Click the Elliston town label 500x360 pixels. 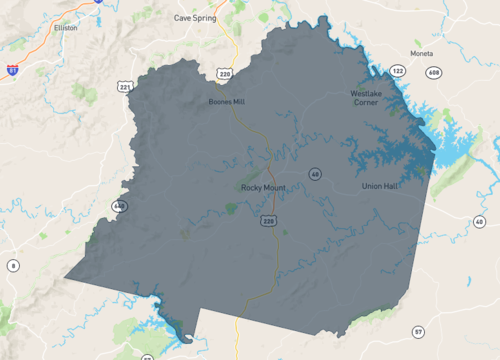pos(66,29)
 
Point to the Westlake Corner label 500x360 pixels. pos(366,97)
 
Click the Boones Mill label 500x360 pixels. pos(226,102)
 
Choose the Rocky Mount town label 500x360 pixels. pos(264,187)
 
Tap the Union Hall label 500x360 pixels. pos(381,187)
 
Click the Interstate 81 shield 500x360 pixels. pos(11,71)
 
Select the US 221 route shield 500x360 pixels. pos(125,88)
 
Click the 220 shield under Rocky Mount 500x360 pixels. pos(269,218)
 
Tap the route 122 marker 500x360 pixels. pos(398,71)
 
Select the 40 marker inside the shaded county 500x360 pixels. pos(315,174)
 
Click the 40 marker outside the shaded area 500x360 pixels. pos(480,221)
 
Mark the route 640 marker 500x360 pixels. pos(120,206)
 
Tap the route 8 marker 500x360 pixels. pos(13,265)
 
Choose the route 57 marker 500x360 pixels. pos(417,331)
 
